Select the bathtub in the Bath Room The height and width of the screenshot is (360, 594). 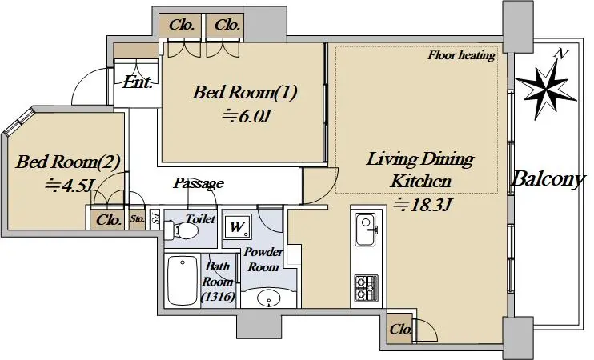(x=183, y=280)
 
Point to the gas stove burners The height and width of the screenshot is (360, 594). (x=367, y=288)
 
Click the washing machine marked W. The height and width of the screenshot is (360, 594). (x=237, y=226)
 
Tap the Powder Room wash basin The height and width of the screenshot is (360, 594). (x=269, y=298)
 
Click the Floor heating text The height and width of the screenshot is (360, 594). (x=462, y=55)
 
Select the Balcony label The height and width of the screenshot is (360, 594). (x=548, y=178)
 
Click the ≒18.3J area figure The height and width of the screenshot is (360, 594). (x=422, y=205)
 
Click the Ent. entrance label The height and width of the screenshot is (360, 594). (x=137, y=82)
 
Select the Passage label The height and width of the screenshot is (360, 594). (x=199, y=183)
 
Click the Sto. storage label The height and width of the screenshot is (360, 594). (x=137, y=218)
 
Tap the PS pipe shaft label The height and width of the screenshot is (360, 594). (x=155, y=219)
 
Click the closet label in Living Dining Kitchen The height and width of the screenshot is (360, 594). (x=400, y=329)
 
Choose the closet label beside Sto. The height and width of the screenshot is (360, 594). (x=109, y=220)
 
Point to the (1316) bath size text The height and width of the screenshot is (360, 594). (x=218, y=297)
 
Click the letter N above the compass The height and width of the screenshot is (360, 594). (x=560, y=54)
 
